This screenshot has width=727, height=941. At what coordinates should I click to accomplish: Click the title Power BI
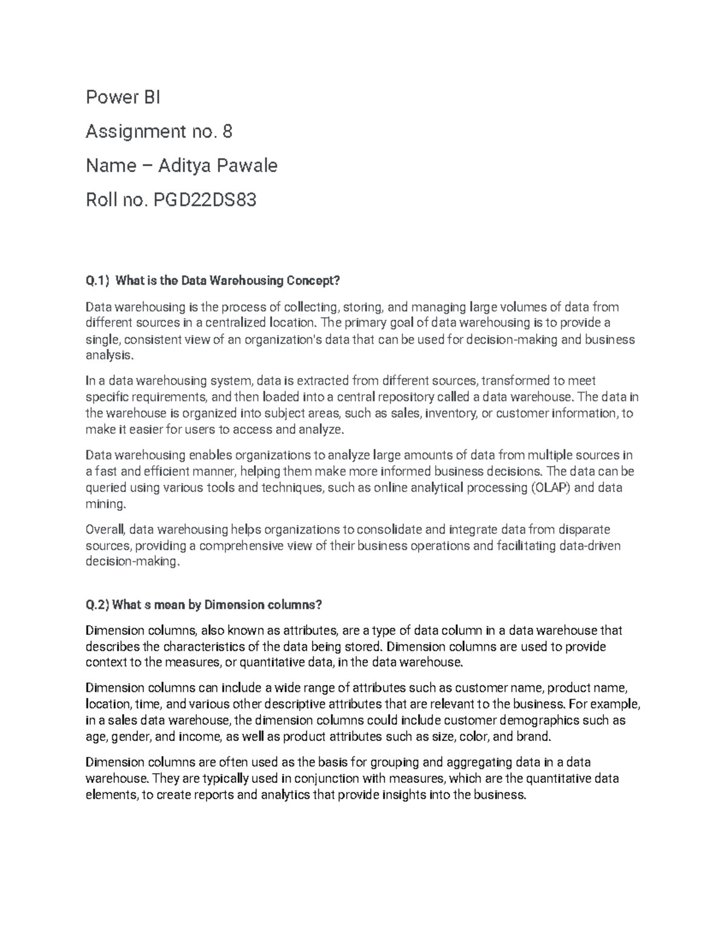(x=123, y=98)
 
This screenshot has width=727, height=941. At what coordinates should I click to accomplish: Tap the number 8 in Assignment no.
(x=227, y=131)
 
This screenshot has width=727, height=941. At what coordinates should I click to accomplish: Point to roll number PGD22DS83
(x=204, y=199)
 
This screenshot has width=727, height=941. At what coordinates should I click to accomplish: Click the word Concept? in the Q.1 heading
(x=314, y=281)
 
